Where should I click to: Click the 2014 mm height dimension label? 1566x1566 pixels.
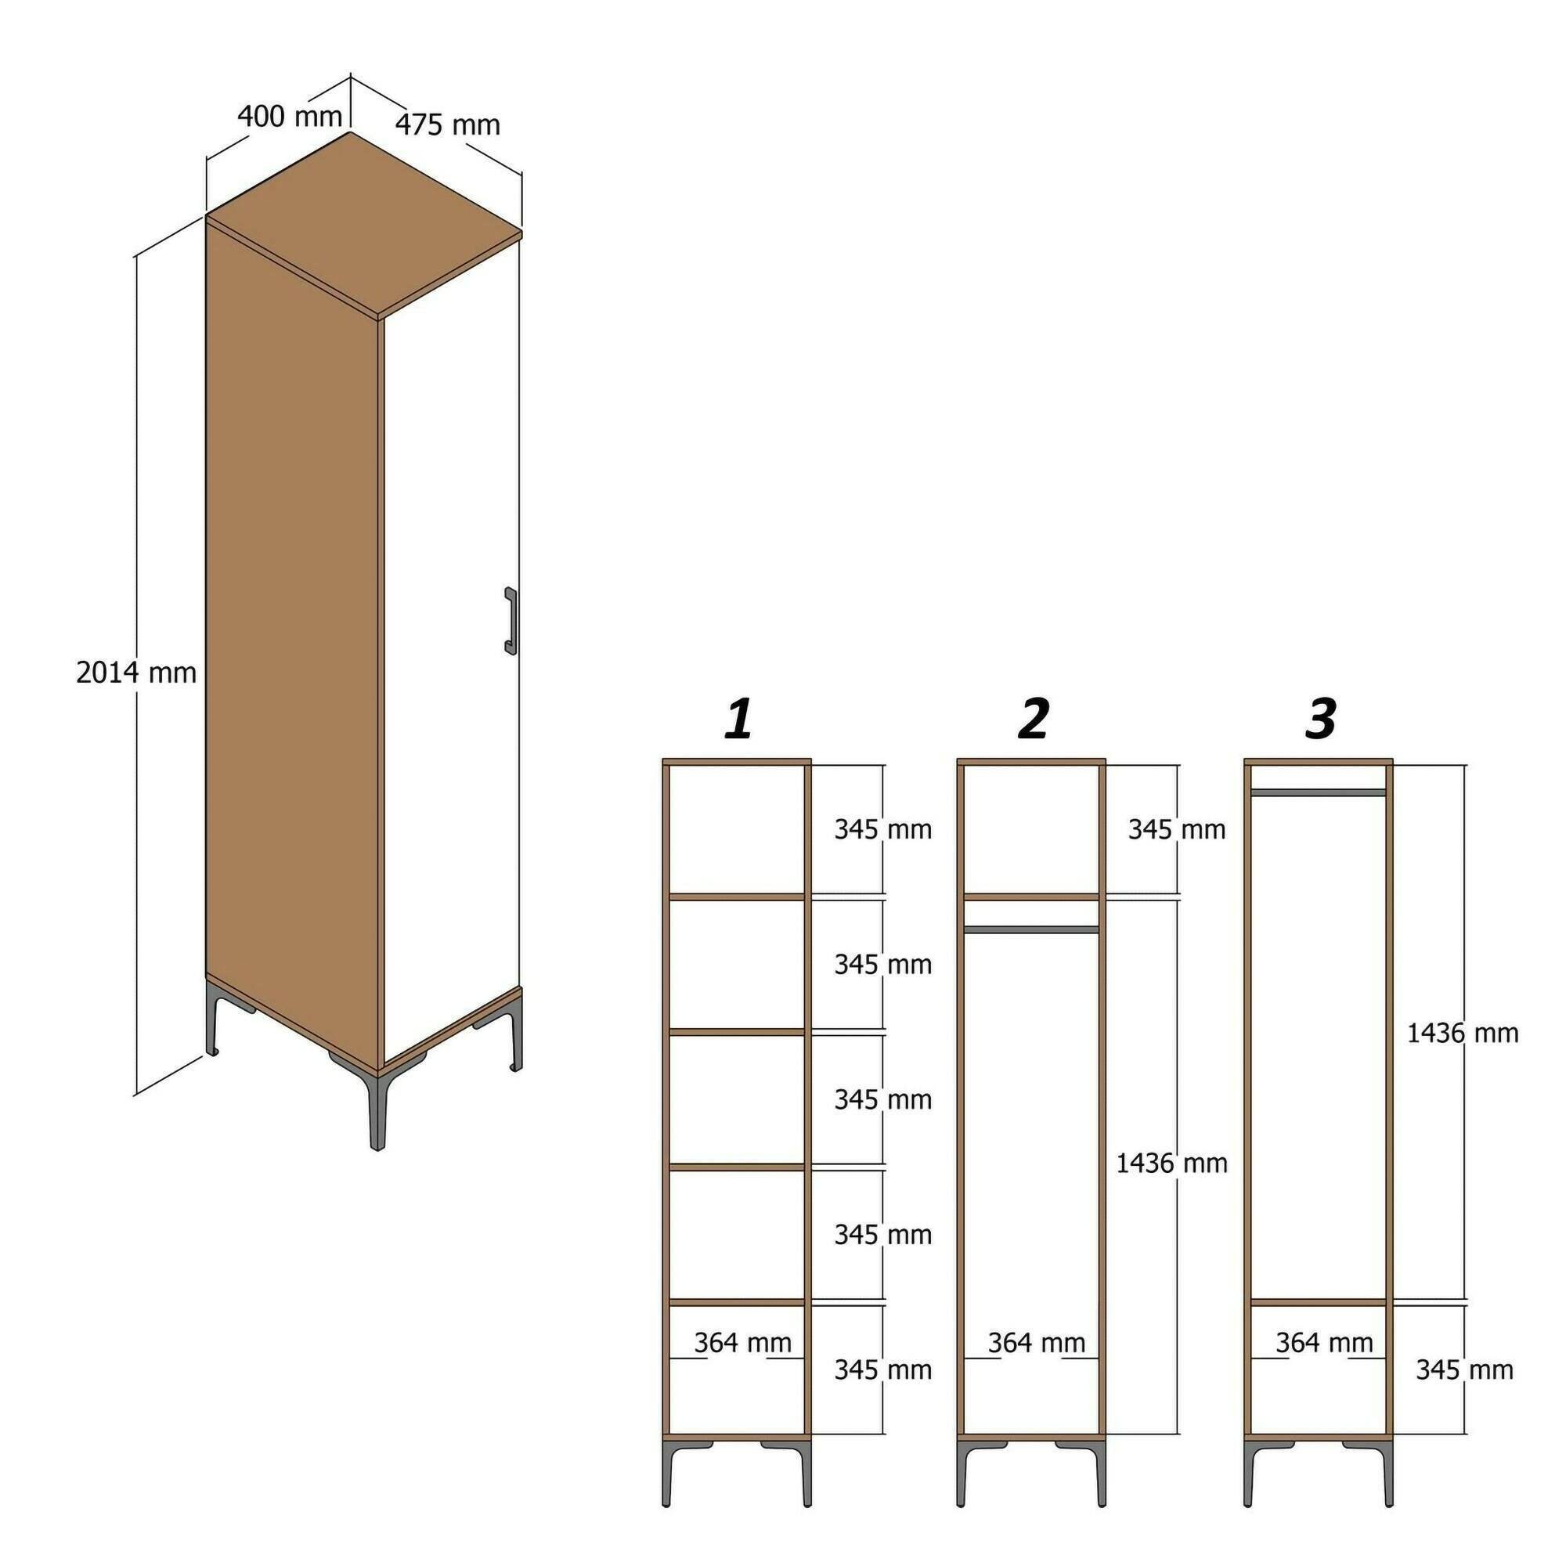pyautogui.click(x=136, y=673)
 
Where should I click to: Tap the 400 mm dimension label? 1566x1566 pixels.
pyautogui.click(x=290, y=117)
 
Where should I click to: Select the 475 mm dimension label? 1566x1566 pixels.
pyautogui.click(x=447, y=124)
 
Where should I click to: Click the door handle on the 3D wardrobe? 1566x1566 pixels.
pyautogui.click(x=510, y=619)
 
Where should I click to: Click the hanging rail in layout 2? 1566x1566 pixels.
pyautogui.click(x=1031, y=929)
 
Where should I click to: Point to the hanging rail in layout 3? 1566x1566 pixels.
pyautogui.click(x=1318, y=792)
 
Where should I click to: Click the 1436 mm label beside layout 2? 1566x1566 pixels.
pyautogui.click(x=1172, y=1164)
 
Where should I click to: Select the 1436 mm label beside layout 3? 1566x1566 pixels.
pyautogui.click(x=1462, y=1034)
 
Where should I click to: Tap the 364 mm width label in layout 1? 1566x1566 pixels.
pyautogui.click(x=742, y=1343)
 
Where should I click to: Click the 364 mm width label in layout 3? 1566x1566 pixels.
pyautogui.click(x=1325, y=1343)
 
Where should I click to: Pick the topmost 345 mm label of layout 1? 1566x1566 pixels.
pyautogui.click(x=882, y=830)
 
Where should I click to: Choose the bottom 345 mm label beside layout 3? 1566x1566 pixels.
pyautogui.click(x=1465, y=1369)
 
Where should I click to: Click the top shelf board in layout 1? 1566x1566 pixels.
pyautogui.click(x=737, y=897)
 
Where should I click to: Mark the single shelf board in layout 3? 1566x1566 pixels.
pyautogui.click(x=1318, y=1303)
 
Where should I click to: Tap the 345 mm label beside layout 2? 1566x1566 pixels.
pyautogui.click(x=1176, y=830)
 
